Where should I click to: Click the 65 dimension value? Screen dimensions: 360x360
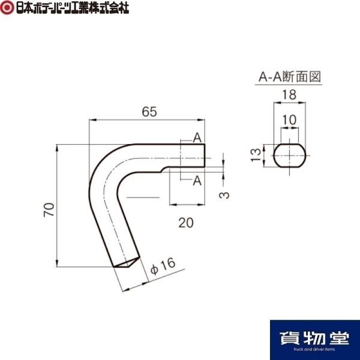(x=149, y=112)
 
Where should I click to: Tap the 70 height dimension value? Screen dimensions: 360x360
(x=49, y=209)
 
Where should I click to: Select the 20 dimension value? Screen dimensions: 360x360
(x=186, y=223)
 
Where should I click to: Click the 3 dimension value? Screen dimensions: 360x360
(x=224, y=195)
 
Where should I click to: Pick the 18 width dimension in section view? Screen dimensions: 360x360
(x=289, y=95)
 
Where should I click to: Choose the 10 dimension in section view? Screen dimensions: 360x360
(x=289, y=120)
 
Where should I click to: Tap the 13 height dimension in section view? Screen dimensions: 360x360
(x=256, y=155)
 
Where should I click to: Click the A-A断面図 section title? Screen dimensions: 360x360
(x=290, y=76)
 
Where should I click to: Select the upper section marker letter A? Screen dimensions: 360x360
(x=197, y=138)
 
